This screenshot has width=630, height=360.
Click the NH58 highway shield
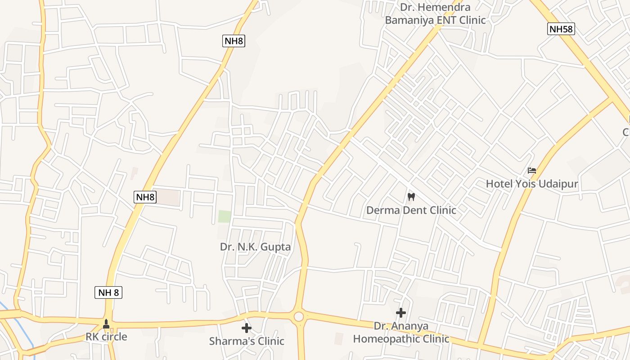[x=561, y=29]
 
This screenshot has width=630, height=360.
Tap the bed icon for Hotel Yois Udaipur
[x=532, y=171]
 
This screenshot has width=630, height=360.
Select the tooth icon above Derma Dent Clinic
[x=410, y=197]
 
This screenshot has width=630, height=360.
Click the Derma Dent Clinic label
[x=411, y=210]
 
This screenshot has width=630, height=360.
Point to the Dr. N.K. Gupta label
[x=255, y=247]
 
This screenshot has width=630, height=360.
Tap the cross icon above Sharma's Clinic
[x=246, y=328]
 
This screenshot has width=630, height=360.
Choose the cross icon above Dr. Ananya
[x=400, y=312]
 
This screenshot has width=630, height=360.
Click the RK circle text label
[x=106, y=337]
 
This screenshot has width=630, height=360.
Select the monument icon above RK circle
[x=106, y=324]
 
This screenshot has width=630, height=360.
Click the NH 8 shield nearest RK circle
[x=108, y=292]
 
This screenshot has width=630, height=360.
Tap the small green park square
[x=225, y=216]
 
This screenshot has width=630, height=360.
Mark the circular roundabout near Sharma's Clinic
[x=298, y=317]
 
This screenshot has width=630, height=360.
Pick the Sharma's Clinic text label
[x=247, y=341]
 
